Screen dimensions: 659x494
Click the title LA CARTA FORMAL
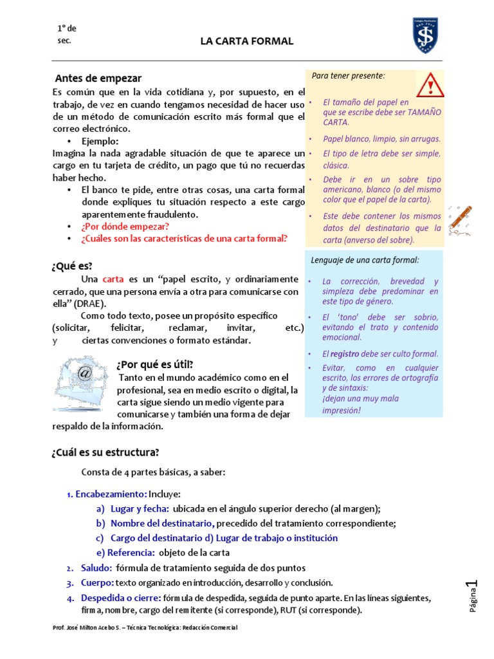pos(246,41)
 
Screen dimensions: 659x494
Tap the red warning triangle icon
pos(429,85)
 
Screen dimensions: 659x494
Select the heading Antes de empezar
pos(98,79)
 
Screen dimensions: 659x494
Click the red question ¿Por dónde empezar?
pos(125,227)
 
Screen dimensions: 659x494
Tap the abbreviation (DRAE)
pos(91,303)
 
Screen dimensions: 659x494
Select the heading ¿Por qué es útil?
pos(154,364)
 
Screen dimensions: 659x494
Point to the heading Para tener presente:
pos(348,76)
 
